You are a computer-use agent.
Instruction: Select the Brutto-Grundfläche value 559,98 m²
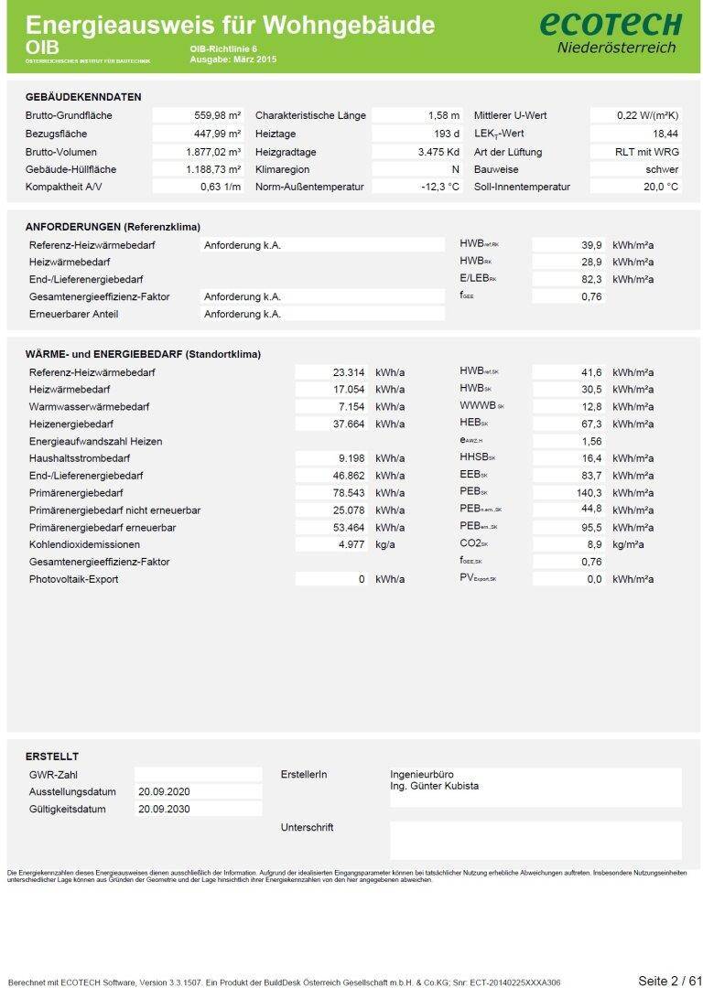[218, 116]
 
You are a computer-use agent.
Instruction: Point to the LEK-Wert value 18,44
[660, 134]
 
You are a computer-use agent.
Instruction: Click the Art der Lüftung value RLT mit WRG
[647, 152]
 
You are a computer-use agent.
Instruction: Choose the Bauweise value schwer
[662, 169]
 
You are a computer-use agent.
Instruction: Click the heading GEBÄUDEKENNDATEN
[83, 97]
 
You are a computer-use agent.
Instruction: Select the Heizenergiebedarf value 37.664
[347, 424]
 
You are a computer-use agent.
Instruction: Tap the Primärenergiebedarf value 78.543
[347, 493]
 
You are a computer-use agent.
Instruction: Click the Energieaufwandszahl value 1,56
[591, 441]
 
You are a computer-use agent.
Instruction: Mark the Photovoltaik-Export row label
[74, 579]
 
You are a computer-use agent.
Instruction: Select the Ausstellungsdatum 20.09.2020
[166, 791]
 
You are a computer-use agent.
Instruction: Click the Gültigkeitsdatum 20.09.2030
[166, 810]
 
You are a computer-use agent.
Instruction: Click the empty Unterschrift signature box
[535, 840]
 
